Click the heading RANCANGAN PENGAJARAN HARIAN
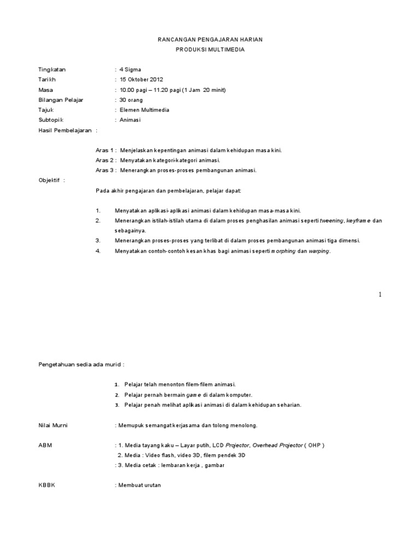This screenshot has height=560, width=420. (x=209, y=40)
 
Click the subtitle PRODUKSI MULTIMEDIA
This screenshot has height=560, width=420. (x=209, y=49)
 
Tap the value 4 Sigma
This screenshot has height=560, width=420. (x=130, y=69)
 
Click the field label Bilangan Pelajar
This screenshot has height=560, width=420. (x=61, y=100)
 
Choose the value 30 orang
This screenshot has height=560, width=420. (x=131, y=100)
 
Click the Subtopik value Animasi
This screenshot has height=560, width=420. (x=130, y=120)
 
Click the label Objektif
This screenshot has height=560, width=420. (x=50, y=180)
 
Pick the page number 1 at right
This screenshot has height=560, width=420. (x=380, y=295)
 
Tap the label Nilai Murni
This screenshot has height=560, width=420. (x=53, y=424)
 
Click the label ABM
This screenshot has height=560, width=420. (x=44, y=445)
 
